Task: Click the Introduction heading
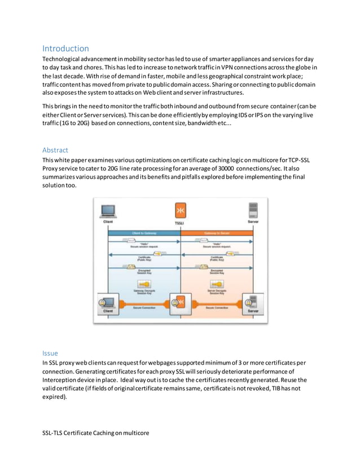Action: tap(65, 49)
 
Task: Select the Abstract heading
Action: tap(55, 150)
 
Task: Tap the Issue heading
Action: tap(50, 353)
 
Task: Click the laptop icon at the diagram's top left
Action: tap(108, 212)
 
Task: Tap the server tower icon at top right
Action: tap(253, 211)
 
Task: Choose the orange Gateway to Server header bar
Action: tap(216, 232)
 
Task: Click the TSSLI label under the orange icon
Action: tap(181, 223)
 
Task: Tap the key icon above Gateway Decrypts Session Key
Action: tap(144, 284)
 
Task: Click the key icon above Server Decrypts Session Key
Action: tap(217, 284)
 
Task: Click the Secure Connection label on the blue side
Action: tap(144, 308)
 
